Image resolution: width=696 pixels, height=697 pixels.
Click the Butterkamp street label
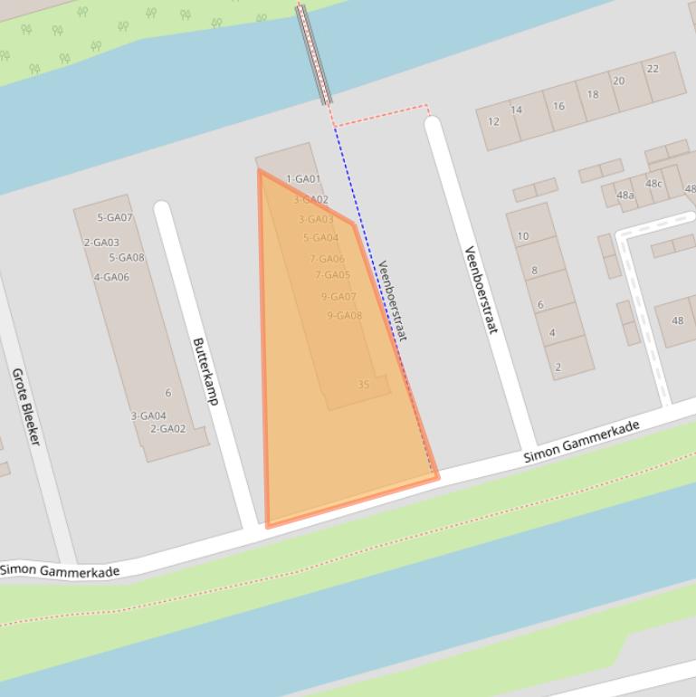pos(205,371)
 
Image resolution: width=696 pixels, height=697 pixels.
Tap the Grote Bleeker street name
pos(25,406)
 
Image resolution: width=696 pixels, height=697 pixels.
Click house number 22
pos(653,69)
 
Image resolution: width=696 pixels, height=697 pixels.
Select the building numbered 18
pos(593,94)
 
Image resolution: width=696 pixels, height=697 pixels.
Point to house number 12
pos(493,122)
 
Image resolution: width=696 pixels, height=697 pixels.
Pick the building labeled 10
pos(523,236)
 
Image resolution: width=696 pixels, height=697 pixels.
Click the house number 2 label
pos(558,367)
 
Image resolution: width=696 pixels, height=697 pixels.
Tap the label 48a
pos(624,195)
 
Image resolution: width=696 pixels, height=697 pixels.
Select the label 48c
pos(653,184)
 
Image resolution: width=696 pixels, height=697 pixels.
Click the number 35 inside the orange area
pos(364,384)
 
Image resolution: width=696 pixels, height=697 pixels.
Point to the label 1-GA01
pos(303,179)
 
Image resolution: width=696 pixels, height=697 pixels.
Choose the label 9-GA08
pos(344,316)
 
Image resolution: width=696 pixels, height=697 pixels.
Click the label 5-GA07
pos(115,217)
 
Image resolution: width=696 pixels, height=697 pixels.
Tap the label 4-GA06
pos(111,277)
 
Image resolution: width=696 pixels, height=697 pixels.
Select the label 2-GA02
pos(167,428)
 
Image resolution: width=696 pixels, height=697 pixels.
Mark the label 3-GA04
pos(148,416)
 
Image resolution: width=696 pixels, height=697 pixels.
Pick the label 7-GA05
pos(332,275)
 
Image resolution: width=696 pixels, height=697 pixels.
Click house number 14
pos(516,110)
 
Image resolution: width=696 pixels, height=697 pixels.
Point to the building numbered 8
pos(534,271)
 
